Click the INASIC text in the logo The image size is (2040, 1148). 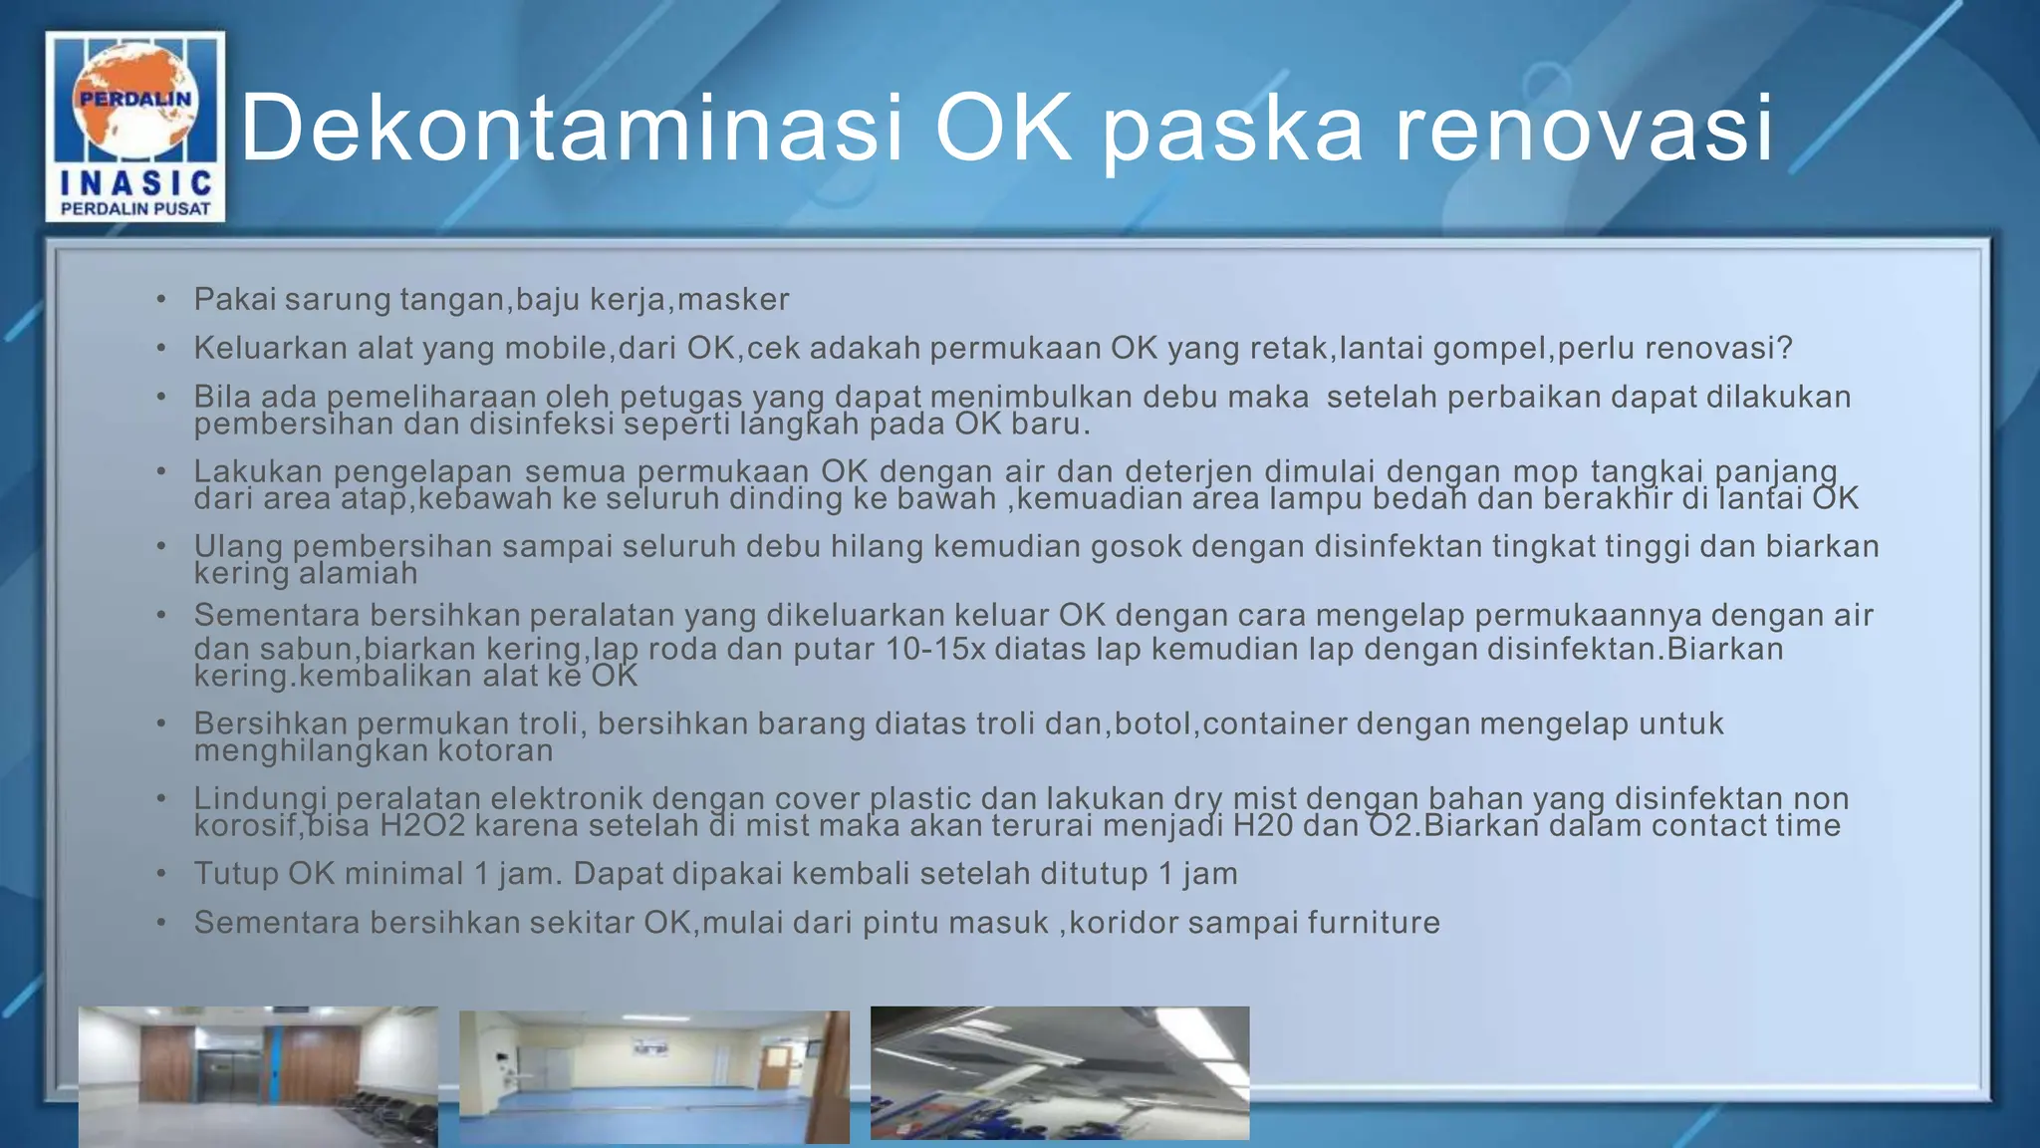pos(135,182)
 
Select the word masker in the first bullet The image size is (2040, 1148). pos(733,299)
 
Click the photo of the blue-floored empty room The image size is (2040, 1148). pos(653,1076)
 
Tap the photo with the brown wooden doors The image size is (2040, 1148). pos(257,1075)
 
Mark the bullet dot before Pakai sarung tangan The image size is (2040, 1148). pos(161,300)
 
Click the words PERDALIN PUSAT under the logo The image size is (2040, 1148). pos(135,208)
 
